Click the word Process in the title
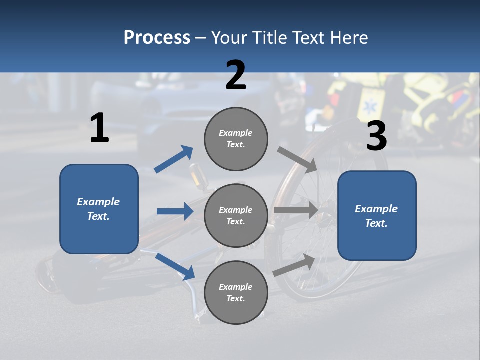click(x=157, y=38)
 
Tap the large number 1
click(x=99, y=128)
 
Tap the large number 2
click(x=236, y=75)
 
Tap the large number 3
click(x=376, y=136)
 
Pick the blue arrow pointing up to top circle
click(x=173, y=159)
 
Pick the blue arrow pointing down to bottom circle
click(x=175, y=266)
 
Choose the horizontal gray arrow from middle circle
click(x=295, y=210)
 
